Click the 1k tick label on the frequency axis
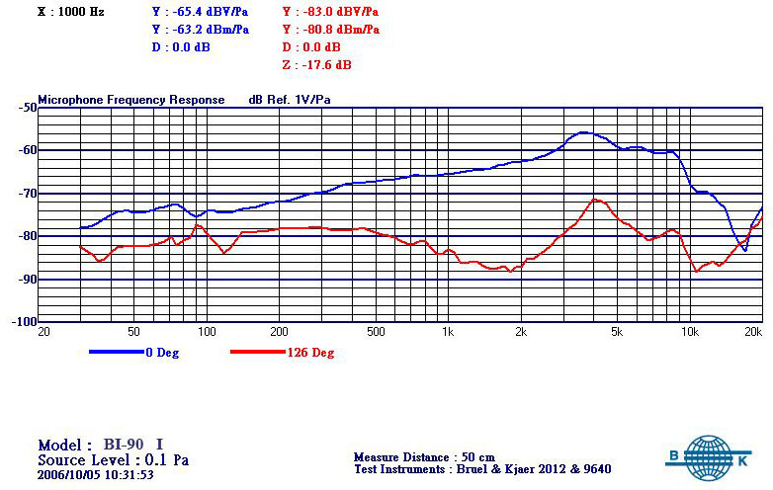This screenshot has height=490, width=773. point(448,331)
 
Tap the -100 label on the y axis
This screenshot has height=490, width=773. point(21,322)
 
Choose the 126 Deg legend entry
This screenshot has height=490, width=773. point(310,353)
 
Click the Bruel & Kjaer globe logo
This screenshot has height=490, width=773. point(708,457)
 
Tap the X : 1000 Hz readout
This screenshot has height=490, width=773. point(70,12)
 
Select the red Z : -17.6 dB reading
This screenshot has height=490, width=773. point(316,65)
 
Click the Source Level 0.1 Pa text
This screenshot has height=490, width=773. point(113,459)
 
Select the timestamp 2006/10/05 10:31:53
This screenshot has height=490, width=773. point(96,474)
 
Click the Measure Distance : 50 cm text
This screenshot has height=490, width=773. point(424,457)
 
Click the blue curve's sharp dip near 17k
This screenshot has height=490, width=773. point(744,251)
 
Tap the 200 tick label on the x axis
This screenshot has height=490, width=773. point(280,331)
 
